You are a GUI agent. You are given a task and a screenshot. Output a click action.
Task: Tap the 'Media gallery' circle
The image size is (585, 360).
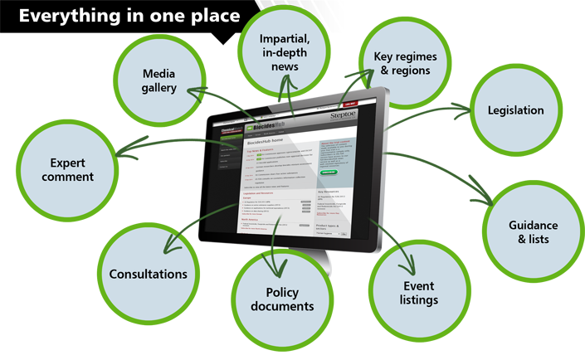click(x=158, y=81)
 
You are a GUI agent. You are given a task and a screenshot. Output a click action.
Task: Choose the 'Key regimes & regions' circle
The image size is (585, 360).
click(x=407, y=63)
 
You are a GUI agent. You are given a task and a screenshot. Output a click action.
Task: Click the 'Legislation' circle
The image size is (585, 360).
click(x=515, y=110)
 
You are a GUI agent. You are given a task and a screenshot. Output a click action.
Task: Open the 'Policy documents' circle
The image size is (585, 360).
click(x=278, y=299)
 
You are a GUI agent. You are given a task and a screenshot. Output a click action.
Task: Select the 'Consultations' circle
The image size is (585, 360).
click(x=149, y=275)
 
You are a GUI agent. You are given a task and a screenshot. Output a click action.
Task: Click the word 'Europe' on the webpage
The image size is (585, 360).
click(x=246, y=198)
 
